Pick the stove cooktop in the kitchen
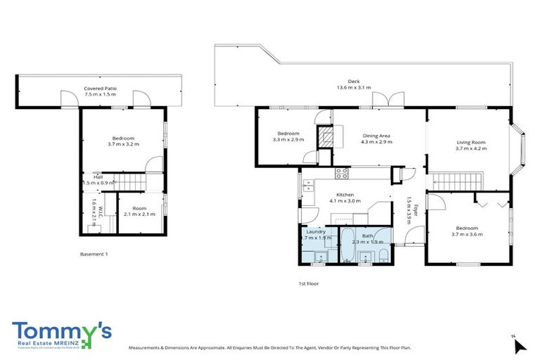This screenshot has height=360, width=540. click(x=342, y=172)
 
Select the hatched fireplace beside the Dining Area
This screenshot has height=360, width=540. click(x=326, y=137)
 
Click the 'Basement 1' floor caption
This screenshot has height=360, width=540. click(x=94, y=253)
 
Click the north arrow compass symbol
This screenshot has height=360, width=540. click(x=519, y=345)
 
